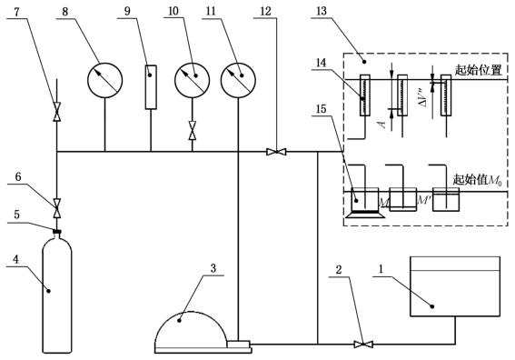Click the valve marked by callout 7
coord(57,112)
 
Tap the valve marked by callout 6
coord(57,208)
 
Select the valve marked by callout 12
coord(276,152)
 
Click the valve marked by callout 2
coord(363,345)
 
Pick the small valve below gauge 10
coord(193,131)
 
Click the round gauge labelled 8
coord(104,80)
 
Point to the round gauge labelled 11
coord(238,80)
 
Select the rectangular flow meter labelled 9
coord(151,87)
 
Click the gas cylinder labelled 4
coord(57,295)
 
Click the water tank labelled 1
coord(455,286)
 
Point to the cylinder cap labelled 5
coord(57,232)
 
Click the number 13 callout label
coord(322,11)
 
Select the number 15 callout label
coord(322,109)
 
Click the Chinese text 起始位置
coord(478,70)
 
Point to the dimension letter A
coord(381,124)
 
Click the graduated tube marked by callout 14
coord(365,95)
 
